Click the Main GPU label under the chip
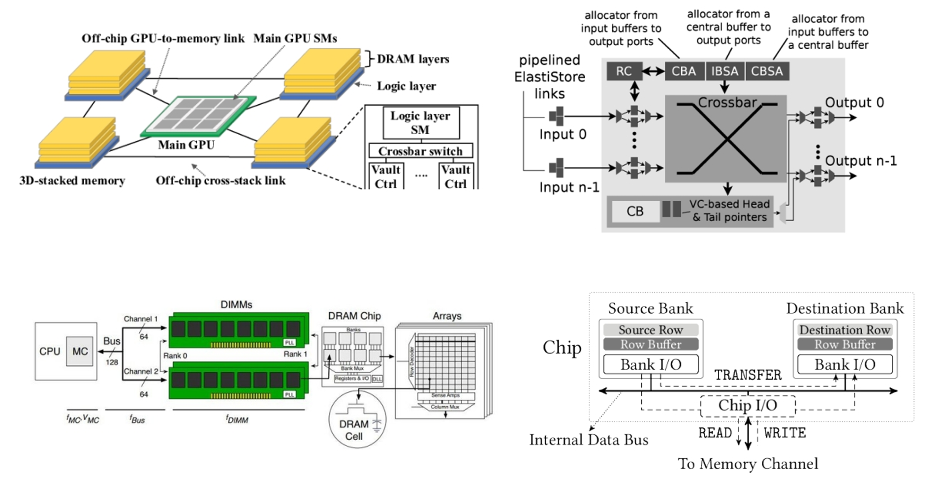click(186, 145)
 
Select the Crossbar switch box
click(420, 151)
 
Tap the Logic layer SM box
click(421, 122)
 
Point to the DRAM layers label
click(413, 59)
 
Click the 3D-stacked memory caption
click(72, 180)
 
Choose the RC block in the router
click(624, 71)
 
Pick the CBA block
click(684, 71)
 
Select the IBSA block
click(724, 71)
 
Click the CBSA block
click(767, 71)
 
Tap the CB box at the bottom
click(635, 211)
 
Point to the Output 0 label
click(854, 102)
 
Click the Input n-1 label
click(569, 187)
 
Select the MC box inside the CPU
click(80, 351)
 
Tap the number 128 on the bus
click(112, 362)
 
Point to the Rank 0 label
click(175, 356)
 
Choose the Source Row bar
click(651, 329)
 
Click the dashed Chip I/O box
click(748, 405)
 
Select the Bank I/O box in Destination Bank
click(845, 364)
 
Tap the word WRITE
click(784, 433)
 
